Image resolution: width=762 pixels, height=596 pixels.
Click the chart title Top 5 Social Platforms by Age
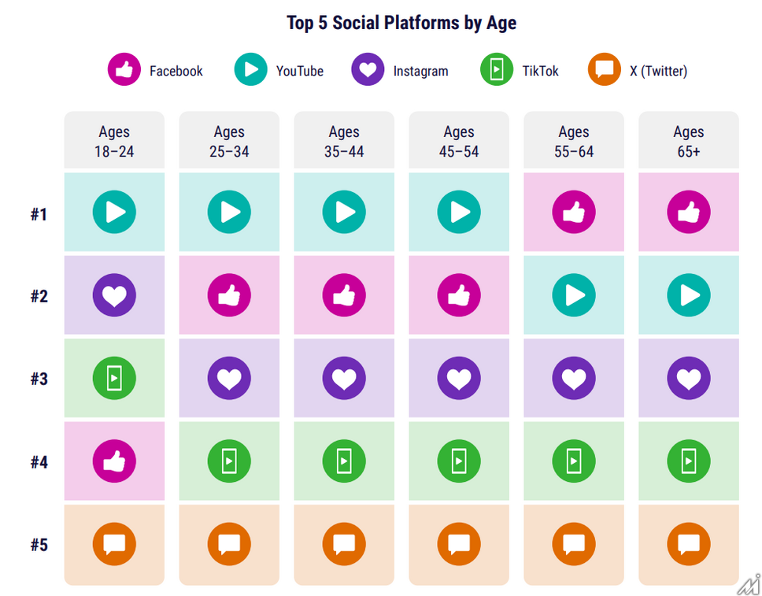pyautogui.click(x=401, y=23)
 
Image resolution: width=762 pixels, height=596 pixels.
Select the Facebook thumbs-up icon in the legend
pyautogui.click(x=124, y=71)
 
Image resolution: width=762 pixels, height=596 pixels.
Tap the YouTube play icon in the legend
pyautogui.click(x=250, y=71)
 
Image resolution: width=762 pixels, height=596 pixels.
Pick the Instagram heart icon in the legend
pyautogui.click(x=368, y=71)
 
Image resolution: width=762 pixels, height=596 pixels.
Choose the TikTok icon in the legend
pyautogui.click(x=496, y=71)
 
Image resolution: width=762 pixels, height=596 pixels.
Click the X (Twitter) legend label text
pyautogui.click(x=658, y=72)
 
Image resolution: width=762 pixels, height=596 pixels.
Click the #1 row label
pyautogui.click(x=39, y=214)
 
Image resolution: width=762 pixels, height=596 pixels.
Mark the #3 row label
pyautogui.click(x=39, y=379)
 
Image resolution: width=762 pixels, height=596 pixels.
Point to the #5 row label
pyautogui.click(x=39, y=545)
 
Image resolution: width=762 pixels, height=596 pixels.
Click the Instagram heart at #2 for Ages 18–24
pyautogui.click(x=114, y=295)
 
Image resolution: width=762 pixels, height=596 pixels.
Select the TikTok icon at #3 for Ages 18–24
pyautogui.click(x=114, y=378)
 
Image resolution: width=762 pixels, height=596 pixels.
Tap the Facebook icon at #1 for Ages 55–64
pyautogui.click(x=574, y=213)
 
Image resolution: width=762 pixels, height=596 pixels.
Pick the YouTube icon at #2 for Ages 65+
pyautogui.click(x=689, y=295)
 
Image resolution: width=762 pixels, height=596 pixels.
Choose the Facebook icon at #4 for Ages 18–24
pyautogui.click(x=114, y=461)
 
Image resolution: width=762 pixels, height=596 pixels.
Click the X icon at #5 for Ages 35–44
pyautogui.click(x=344, y=544)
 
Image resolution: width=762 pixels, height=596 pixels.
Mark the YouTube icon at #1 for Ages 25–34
pyautogui.click(x=229, y=213)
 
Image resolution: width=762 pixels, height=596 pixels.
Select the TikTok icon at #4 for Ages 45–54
pyautogui.click(x=459, y=461)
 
